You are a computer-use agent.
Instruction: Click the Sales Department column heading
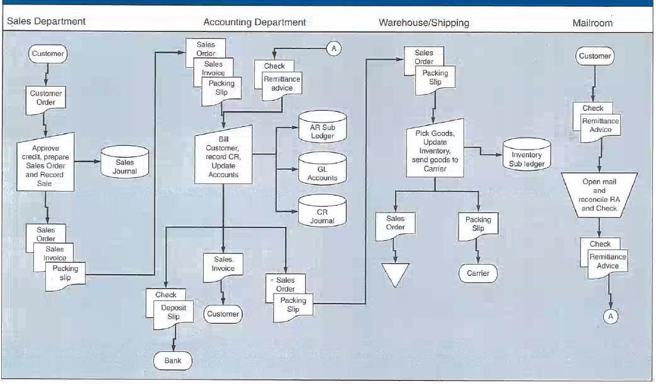pyautogui.click(x=46, y=21)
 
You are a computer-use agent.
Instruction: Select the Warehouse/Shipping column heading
pyautogui.click(x=423, y=23)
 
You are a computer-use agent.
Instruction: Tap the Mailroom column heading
pyautogui.click(x=592, y=23)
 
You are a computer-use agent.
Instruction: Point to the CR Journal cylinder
pyautogui.click(x=322, y=212)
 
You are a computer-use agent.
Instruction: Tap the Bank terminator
pyautogui.click(x=172, y=361)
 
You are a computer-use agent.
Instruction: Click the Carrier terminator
pyautogui.click(x=478, y=273)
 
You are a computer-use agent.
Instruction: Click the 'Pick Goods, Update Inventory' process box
pyautogui.click(x=435, y=146)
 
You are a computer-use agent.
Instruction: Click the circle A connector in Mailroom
pyautogui.click(x=609, y=317)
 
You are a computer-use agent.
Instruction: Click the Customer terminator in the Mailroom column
pyautogui.click(x=594, y=56)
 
